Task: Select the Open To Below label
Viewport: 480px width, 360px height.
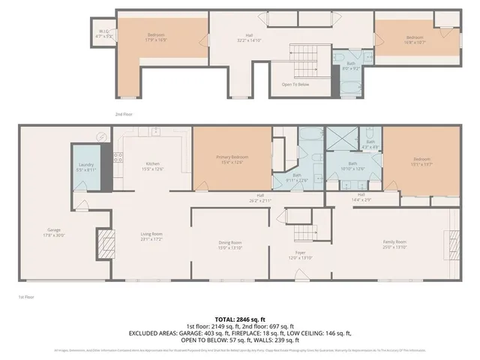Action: [295, 84]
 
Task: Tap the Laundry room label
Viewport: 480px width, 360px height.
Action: [85, 168]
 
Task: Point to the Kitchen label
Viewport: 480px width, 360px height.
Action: [153, 165]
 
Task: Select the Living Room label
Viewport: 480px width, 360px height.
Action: [151, 235]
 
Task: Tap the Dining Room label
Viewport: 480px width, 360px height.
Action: [230, 244]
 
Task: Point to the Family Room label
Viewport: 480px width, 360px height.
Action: [394, 244]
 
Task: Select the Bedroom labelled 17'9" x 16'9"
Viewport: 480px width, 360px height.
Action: [156, 37]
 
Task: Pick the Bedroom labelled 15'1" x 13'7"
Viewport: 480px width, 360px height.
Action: [422, 160]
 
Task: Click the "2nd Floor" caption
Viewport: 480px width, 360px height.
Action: [124, 114]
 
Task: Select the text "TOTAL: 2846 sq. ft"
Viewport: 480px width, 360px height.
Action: [240, 318]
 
